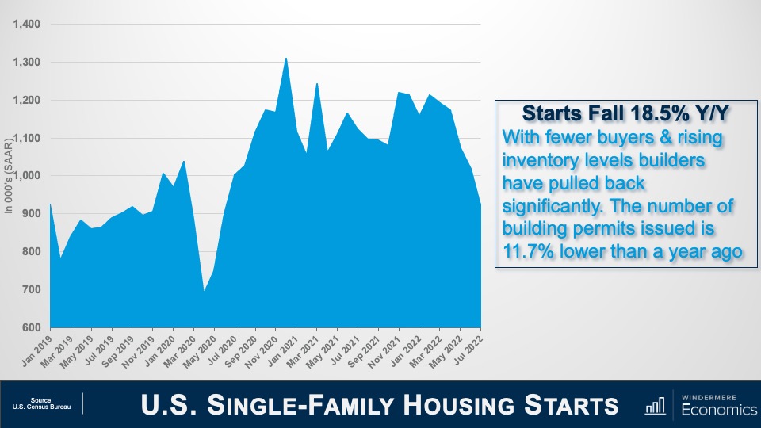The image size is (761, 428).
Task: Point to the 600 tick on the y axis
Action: coord(31,327)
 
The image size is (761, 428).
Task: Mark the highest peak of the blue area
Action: coord(286,59)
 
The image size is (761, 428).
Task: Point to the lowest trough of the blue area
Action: coord(205,291)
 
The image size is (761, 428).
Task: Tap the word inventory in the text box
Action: coord(540,161)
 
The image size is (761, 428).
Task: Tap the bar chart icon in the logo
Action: coord(655,406)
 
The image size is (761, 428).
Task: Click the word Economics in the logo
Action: coord(715,410)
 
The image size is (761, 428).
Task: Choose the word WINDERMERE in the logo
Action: coord(715,395)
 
